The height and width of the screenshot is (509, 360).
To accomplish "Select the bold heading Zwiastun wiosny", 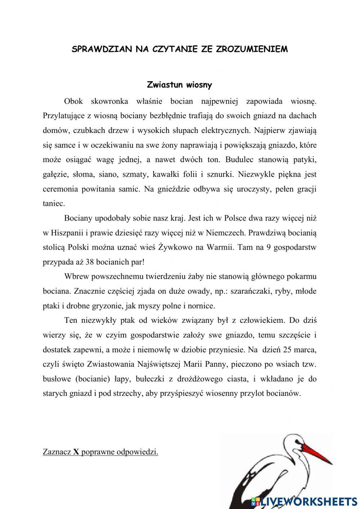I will [179, 85].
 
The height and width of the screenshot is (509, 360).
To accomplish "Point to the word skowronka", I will [109, 101].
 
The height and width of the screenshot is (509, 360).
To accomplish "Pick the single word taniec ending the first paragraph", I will [54, 204].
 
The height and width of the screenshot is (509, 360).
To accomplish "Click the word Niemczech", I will [226, 233].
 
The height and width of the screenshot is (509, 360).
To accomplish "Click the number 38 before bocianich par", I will [90, 262].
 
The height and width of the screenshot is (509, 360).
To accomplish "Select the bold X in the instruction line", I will [76, 452].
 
